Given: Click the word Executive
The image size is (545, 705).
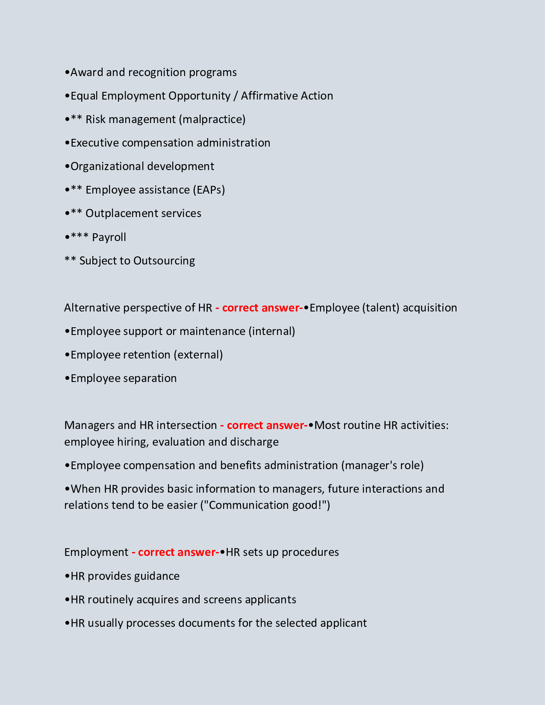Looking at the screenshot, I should (x=94, y=143).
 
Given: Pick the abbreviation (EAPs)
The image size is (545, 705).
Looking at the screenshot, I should (x=209, y=190).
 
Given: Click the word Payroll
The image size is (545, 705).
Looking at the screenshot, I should (x=109, y=237).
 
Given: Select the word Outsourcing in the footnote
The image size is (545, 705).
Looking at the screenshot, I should (x=164, y=261).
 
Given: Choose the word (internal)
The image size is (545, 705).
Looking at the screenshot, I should (x=272, y=331).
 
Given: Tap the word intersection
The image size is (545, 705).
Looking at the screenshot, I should (x=187, y=425).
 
